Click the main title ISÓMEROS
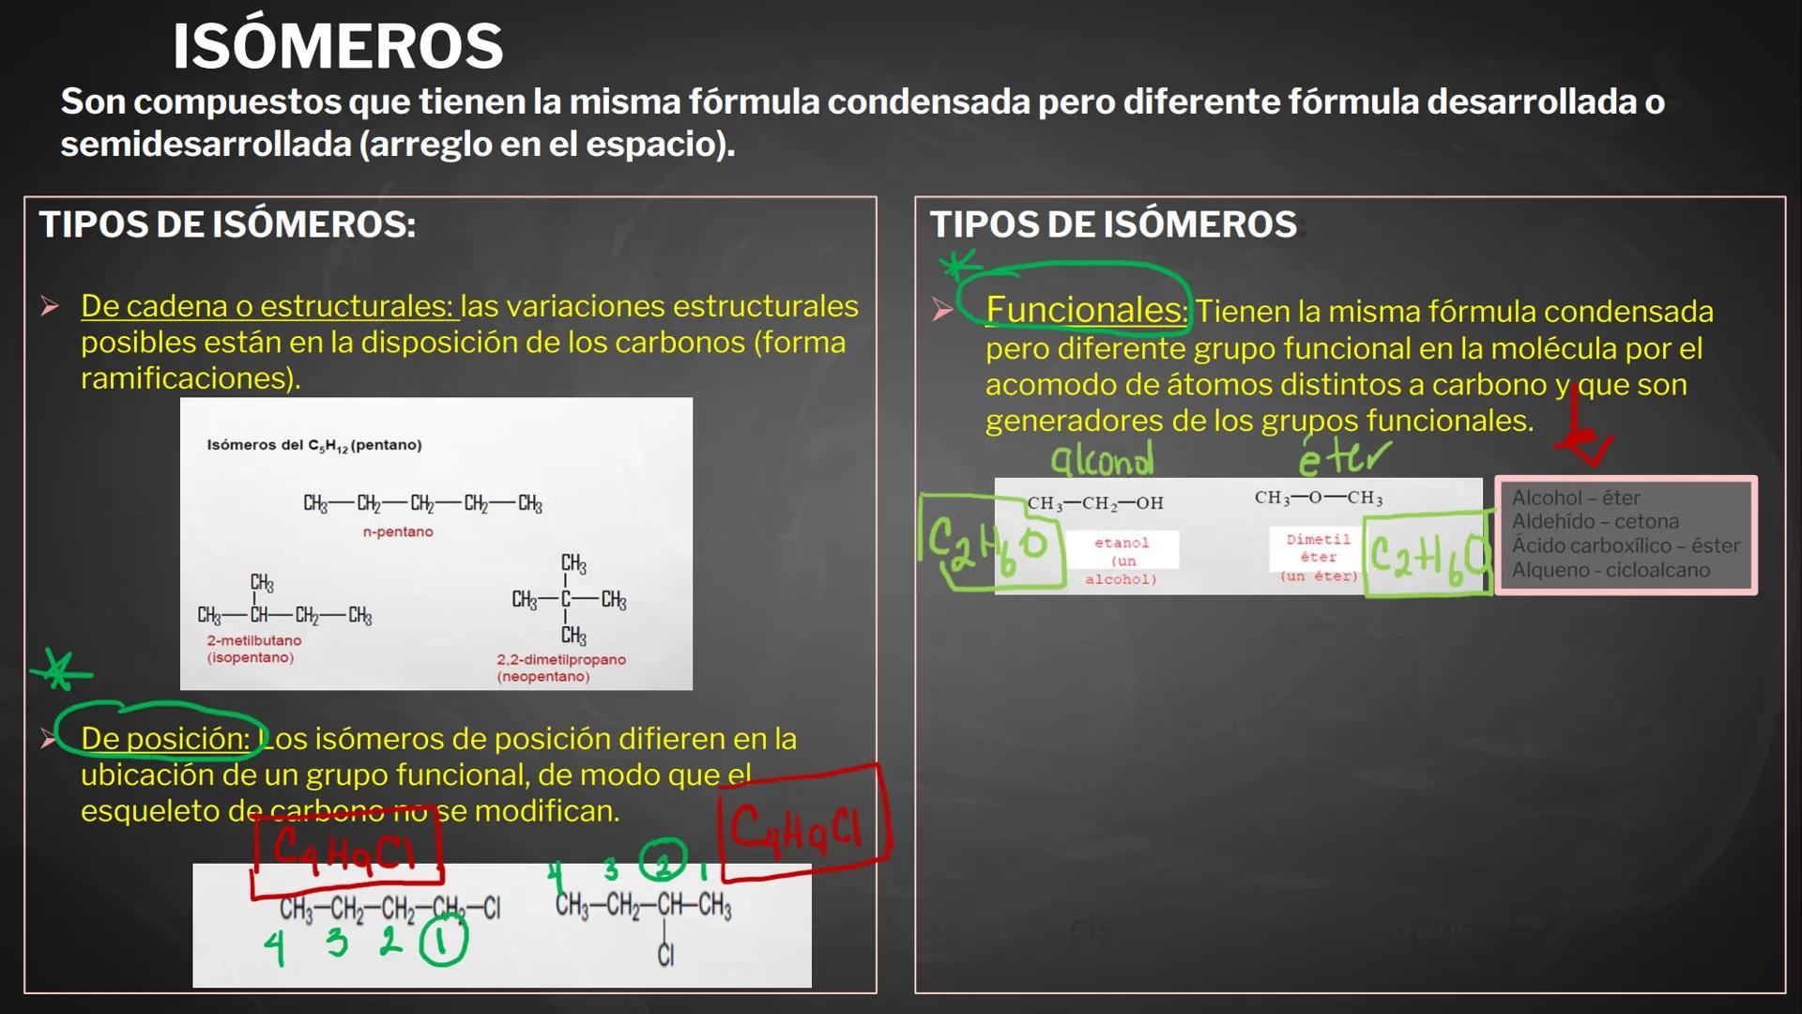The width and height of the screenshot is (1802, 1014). click(338, 47)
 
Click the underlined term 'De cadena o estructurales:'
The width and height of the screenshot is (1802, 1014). click(268, 306)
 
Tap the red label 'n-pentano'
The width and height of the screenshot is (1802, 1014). click(398, 531)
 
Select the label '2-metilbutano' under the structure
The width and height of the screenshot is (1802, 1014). click(254, 640)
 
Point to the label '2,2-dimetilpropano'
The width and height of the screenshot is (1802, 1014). click(561, 659)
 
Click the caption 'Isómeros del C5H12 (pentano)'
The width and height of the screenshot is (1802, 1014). click(314, 445)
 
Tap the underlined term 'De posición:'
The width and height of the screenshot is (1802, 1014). click(165, 739)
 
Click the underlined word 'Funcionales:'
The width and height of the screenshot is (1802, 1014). click(1086, 310)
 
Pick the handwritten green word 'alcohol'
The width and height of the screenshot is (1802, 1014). click(1102, 460)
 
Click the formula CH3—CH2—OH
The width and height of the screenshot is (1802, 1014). click(1095, 503)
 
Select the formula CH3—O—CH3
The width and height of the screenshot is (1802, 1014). click(1319, 498)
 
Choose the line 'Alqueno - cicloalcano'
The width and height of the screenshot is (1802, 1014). click(1611, 570)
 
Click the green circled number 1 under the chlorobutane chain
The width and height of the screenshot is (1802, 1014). click(443, 942)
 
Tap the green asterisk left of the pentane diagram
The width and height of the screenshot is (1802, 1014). click(61, 670)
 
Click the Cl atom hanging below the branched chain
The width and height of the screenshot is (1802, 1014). click(665, 955)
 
